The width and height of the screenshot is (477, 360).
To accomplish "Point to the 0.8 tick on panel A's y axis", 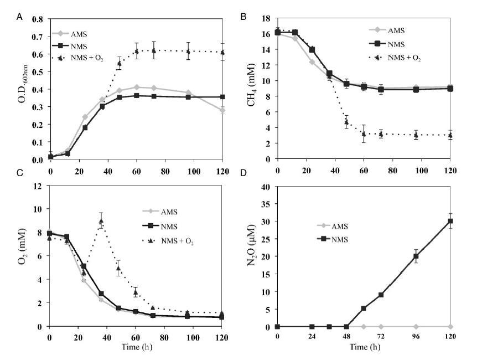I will tap(38, 19).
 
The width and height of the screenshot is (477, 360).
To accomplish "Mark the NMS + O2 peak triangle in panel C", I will tap(101, 222).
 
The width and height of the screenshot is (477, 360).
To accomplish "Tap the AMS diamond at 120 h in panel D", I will tap(450, 327).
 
